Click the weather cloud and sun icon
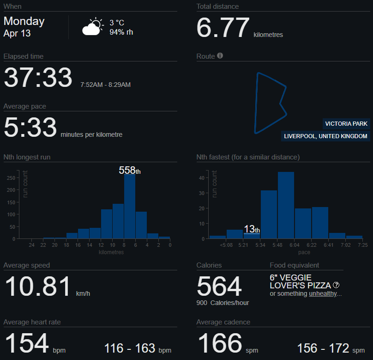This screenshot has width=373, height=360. [92, 27]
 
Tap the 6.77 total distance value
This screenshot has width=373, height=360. [223, 28]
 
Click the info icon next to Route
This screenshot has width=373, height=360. [220, 56]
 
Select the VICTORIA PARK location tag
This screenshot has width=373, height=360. [346, 124]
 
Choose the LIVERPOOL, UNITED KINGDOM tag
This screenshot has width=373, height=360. [326, 136]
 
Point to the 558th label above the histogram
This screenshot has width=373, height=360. [129, 171]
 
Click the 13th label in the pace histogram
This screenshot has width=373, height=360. [252, 229]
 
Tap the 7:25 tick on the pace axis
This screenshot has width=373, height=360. [362, 245]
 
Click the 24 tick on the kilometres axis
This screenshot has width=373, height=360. [31, 245]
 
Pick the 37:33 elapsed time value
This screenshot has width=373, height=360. [38, 78]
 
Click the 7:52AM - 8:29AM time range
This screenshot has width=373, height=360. [105, 85]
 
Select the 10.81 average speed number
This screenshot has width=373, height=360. [38, 287]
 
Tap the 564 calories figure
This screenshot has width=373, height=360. [219, 287]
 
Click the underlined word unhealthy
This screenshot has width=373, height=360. [323, 294]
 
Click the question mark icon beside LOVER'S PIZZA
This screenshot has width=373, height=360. [337, 285]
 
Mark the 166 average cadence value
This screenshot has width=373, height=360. [220, 343]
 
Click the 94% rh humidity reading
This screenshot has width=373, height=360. [121, 32]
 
